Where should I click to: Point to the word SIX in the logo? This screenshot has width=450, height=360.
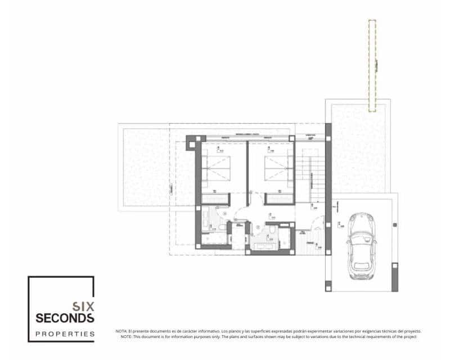[83, 307]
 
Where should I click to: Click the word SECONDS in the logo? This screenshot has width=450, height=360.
[65, 318]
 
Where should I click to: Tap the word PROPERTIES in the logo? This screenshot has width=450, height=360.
[65, 334]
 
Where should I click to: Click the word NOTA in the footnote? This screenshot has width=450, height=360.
[121, 331]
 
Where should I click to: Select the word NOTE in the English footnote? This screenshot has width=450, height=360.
[125, 336]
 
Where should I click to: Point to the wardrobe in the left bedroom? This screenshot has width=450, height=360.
[215, 199]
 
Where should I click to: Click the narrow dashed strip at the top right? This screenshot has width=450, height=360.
[372, 65]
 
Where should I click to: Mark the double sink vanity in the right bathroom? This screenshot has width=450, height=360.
[263, 241]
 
